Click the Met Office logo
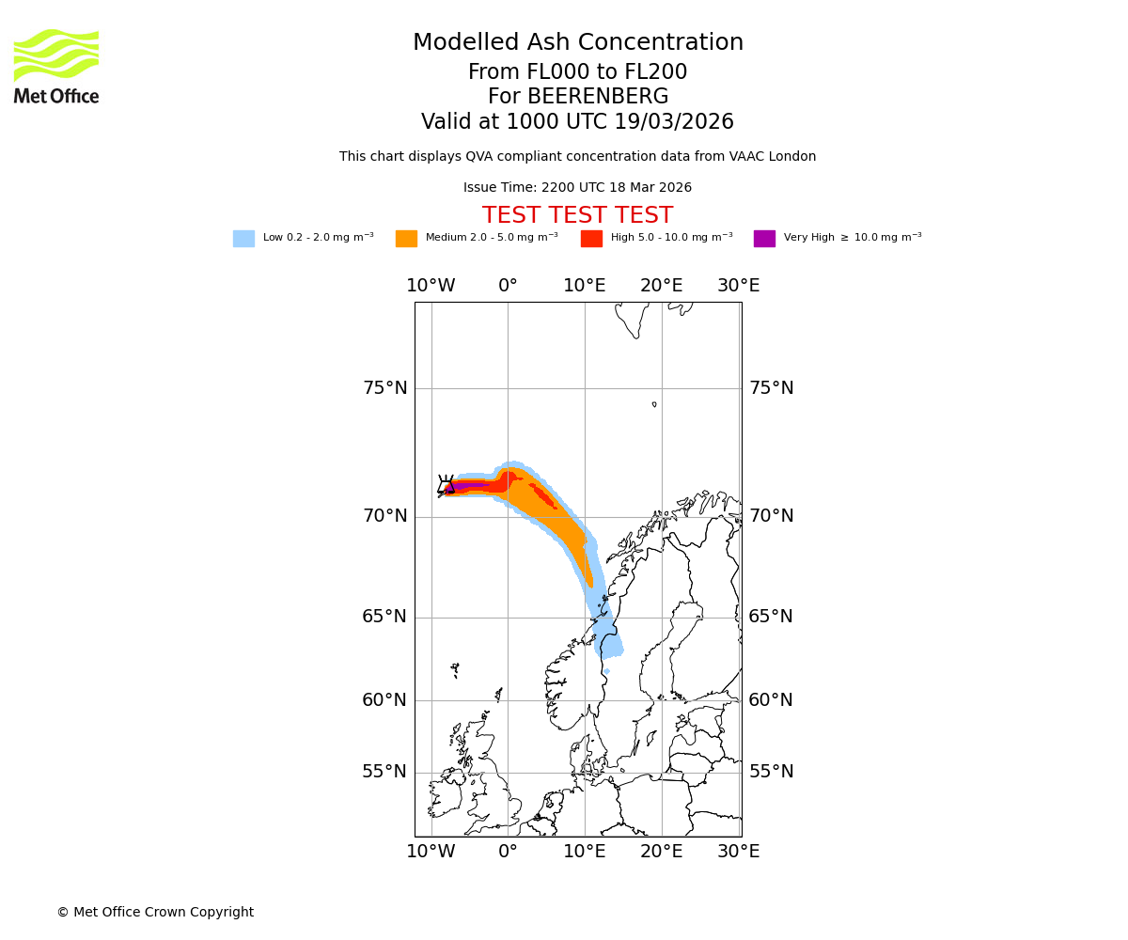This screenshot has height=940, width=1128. [x=56, y=66]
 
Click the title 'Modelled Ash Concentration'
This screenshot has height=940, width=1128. [x=578, y=43]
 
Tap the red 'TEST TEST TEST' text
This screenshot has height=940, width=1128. [x=577, y=215]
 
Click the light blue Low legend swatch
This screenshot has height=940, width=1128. [x=243, y=239]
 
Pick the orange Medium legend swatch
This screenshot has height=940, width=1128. [x=406, y=239]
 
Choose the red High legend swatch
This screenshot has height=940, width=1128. [x=591, y=239]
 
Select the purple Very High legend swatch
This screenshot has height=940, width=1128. [x=764, y=239]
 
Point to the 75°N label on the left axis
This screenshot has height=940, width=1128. [x=385, y=388]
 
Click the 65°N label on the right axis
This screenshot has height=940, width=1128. [x=771, y=617]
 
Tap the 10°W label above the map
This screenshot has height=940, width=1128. [x=431, y=286]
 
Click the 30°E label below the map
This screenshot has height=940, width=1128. [x=738, y=852]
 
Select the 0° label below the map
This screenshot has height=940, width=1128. [x=508, y=852]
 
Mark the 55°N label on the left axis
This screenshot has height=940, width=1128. [x=385, y=772]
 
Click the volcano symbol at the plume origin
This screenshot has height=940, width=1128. [x=446, y=485]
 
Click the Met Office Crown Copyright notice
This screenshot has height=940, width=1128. [x=155, y=913]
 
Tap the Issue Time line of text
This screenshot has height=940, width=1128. [x=577, y=188]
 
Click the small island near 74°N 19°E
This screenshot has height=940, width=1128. [x=654, y=404]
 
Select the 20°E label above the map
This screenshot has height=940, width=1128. [x=661, y=286]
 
